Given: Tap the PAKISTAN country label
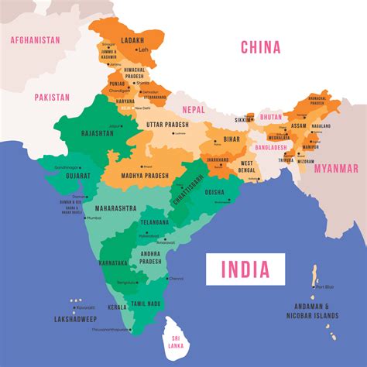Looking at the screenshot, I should tap(53, 98).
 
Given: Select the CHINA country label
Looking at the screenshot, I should tap(259, 48).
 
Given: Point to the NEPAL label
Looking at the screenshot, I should tap(194, 111).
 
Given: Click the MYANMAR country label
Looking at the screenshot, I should tap(334, 169).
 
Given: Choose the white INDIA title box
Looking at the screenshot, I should tap(245, 269).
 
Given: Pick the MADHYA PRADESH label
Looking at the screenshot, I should tap(144, 176).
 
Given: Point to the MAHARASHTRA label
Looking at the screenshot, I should tap(116, 208).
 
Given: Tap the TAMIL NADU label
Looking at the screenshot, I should tap(146, 304).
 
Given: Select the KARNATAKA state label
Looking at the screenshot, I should tap(114, 262).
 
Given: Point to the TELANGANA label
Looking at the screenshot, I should tap(155, 222).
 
